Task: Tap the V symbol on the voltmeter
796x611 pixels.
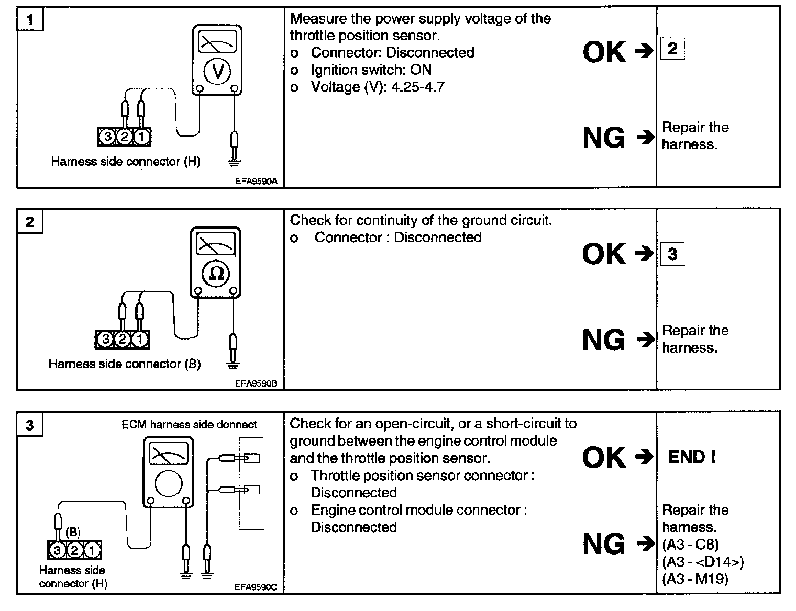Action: coord(217,71)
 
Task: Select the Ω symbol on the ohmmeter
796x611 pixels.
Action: coord(216,273)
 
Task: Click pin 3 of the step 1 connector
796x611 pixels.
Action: coord(107,137)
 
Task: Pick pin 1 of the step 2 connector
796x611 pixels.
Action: coord(139,340)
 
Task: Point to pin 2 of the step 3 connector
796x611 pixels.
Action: coord(74,550)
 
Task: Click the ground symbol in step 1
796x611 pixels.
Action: coord(235,162)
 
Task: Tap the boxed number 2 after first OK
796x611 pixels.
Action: coord(672,49)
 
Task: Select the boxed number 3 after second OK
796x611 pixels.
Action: coord(672,254)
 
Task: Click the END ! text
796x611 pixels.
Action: coord(692,457)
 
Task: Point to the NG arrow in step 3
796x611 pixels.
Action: coord(645,544)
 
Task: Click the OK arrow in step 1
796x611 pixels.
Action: coord(644,51)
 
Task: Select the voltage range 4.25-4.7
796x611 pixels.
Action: coord(417,87)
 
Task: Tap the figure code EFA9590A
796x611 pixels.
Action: coord(256,182)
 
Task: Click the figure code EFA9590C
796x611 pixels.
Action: coord(256,587)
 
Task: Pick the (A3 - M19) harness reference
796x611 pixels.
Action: coord(695,579)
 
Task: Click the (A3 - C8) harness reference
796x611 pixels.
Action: coord(690,545)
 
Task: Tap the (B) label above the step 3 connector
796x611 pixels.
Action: coord(73,533)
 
